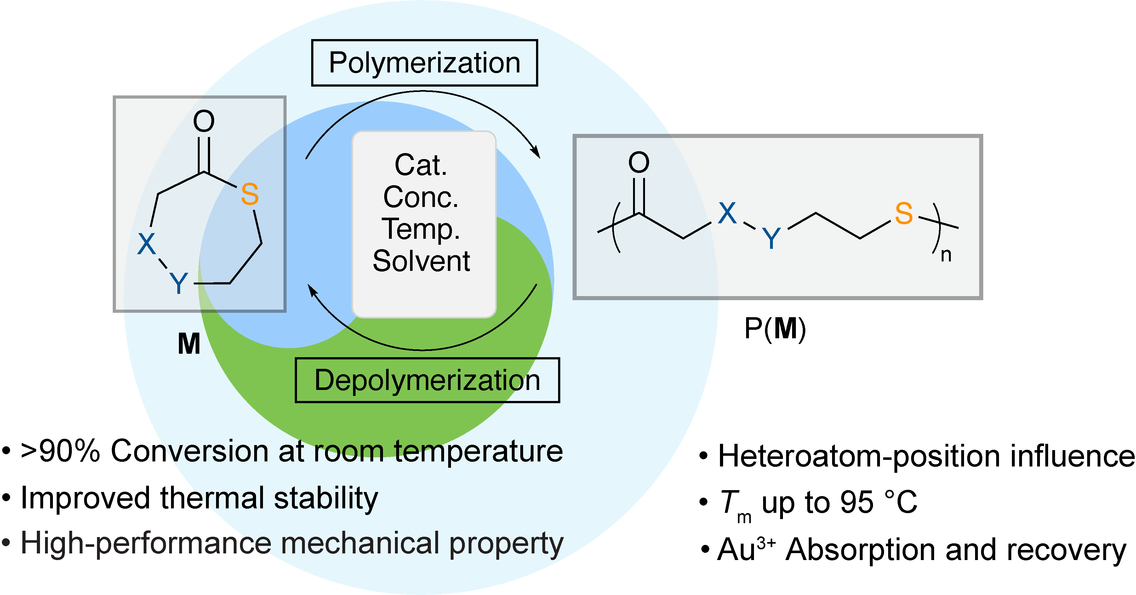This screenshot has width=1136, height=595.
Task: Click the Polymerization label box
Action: tap(424, 63)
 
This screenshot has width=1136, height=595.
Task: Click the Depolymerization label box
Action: tap(427, 380)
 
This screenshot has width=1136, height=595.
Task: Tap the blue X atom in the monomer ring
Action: tap(146, 243)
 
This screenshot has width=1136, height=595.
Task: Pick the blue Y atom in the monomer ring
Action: tap(179, 283)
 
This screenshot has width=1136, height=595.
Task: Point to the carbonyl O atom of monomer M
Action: tap(204, 121)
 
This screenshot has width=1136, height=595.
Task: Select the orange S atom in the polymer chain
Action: tap(904, 214)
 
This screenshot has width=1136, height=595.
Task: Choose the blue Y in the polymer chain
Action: tap(771, 239)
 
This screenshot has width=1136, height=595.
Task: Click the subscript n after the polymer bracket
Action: tap(946, 255)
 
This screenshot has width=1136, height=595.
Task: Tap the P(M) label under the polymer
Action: tap(775, 329)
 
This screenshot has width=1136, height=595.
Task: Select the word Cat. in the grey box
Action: tap(421, 165)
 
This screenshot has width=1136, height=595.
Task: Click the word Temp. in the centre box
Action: tap(421, 229)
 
